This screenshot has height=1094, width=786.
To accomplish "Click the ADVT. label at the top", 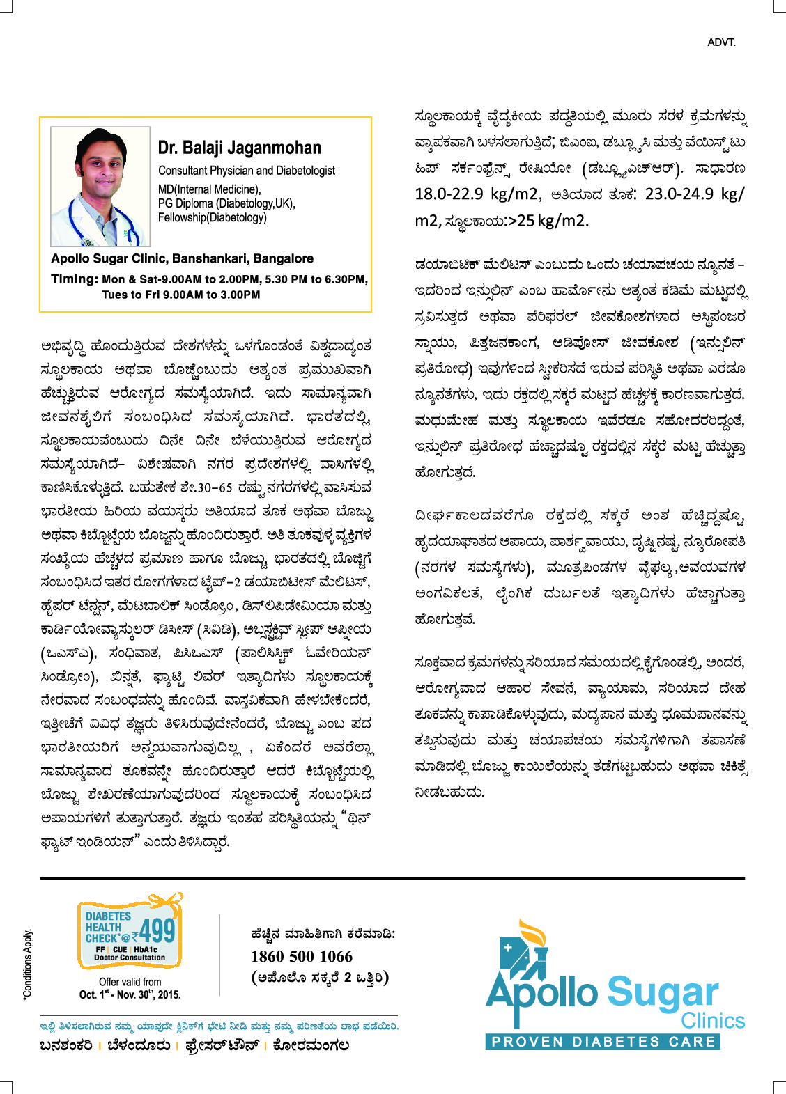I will click(721, 42).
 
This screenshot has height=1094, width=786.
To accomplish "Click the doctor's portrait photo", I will click(100, 187).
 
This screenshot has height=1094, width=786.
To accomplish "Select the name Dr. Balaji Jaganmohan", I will click(239, 148).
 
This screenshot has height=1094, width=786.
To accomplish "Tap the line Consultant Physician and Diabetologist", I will click(246, 171).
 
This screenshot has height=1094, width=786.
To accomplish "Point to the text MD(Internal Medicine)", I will click(209, 189).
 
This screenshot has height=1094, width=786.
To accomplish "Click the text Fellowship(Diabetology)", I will click(212, 217).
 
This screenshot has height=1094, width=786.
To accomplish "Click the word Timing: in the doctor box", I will click(75, 279).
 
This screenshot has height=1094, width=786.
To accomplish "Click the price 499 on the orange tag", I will click(157, 930).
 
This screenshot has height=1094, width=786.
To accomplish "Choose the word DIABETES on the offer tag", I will click(108, 916).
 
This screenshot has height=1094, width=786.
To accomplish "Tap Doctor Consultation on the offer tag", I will click(130, 958).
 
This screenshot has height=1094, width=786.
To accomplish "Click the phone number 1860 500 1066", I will click(302, 956).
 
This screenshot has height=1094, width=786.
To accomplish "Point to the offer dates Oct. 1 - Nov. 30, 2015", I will click(130, 994).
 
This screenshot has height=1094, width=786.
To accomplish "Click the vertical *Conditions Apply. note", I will click(28, 964).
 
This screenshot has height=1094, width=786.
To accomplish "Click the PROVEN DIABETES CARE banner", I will click(603, 1042).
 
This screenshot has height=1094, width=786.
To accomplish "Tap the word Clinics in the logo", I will click(712, 1021).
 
